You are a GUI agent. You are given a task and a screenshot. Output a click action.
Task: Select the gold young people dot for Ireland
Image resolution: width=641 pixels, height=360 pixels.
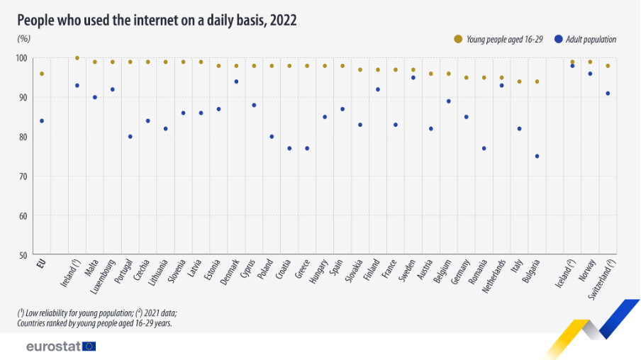(77, 58)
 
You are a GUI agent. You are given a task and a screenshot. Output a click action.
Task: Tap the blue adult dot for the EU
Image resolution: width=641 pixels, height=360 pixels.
(42, 120)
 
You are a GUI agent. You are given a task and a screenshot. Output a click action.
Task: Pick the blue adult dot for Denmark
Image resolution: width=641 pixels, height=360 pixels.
(236, 81)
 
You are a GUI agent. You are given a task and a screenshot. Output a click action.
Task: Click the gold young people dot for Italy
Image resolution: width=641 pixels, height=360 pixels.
(519, 81)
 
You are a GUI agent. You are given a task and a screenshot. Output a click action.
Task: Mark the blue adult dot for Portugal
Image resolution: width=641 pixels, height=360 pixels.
(130, 136)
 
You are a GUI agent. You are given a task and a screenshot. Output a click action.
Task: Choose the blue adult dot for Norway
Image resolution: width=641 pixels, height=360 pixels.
(590, 74)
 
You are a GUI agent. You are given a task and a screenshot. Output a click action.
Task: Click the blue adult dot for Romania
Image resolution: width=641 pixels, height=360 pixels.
(484, 148)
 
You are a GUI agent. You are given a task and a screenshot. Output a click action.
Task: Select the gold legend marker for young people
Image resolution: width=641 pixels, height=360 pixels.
(458, 39)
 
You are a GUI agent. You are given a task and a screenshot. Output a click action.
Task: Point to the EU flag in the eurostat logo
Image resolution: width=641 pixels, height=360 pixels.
(89, 347)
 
